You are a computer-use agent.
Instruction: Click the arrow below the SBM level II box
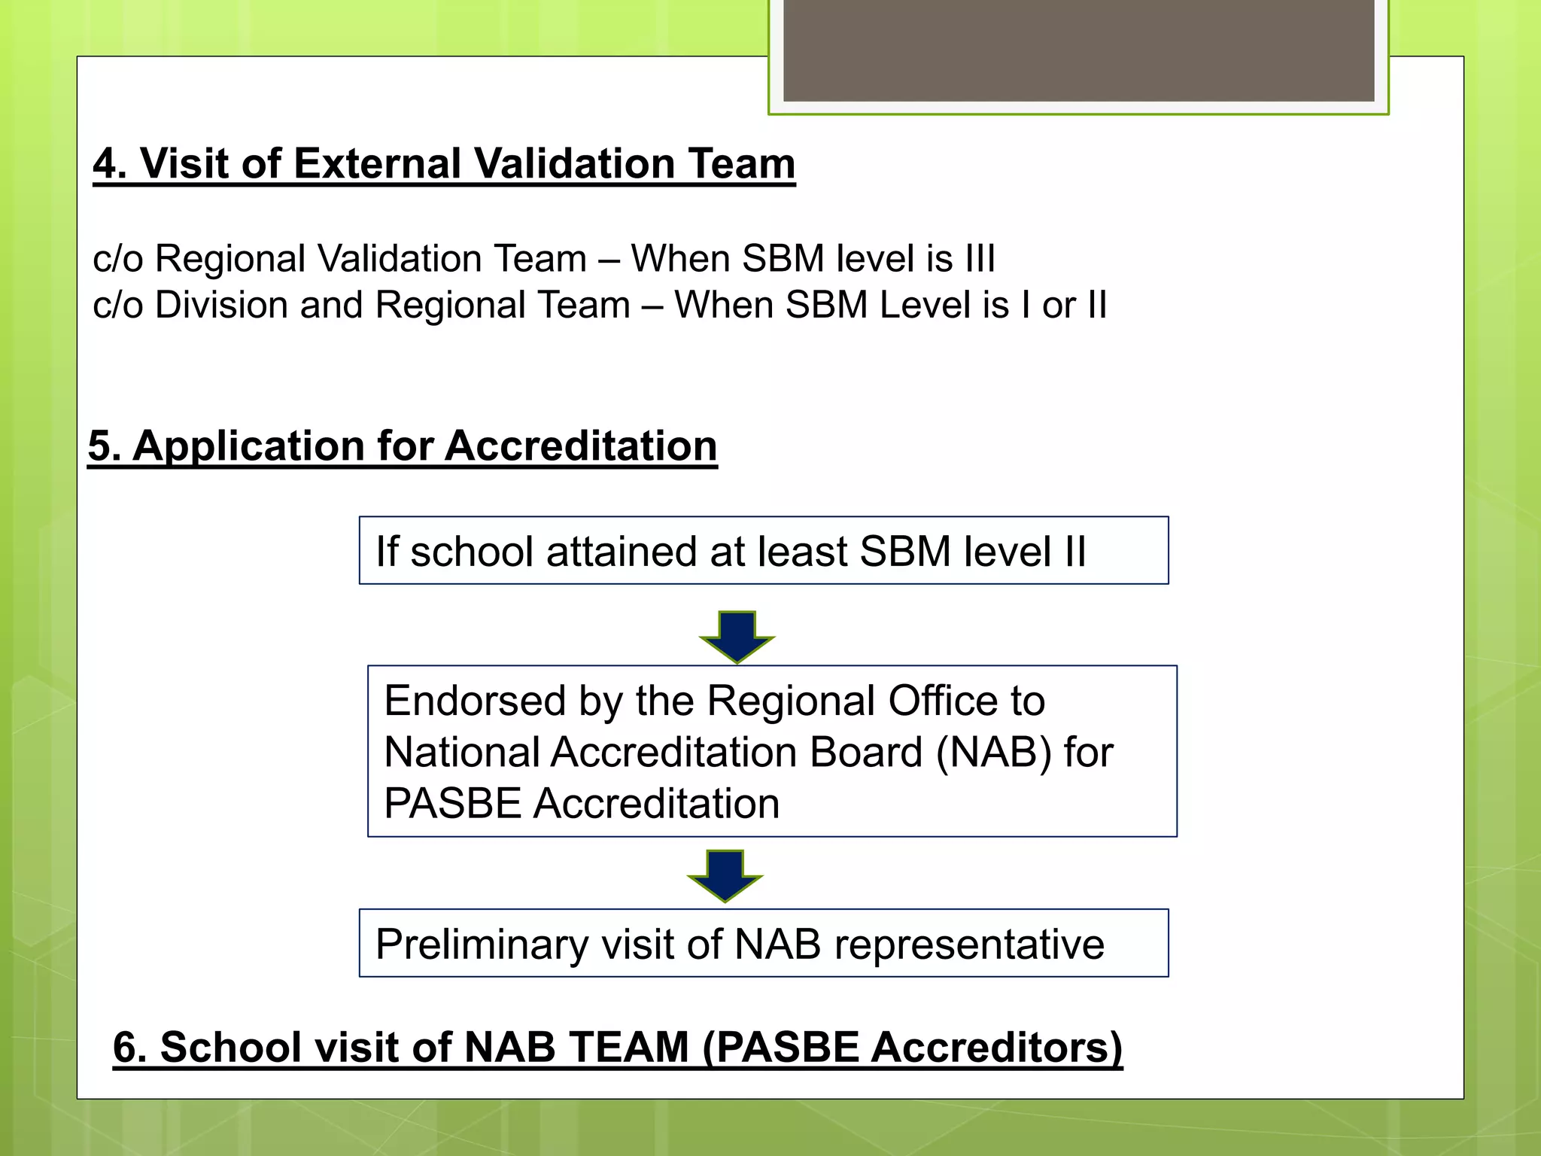pyautogui.click(x=737, y=635)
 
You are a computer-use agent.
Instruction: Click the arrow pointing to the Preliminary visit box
pyautogui.click(x=725, y=875)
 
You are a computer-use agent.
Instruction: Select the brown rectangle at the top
pyautogui.click(x=1078, y=50)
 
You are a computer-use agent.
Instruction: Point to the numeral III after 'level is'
pyautogui.click(x=980, y=258)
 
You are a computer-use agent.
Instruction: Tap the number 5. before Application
pyautogui.click(x=105, y=446)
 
